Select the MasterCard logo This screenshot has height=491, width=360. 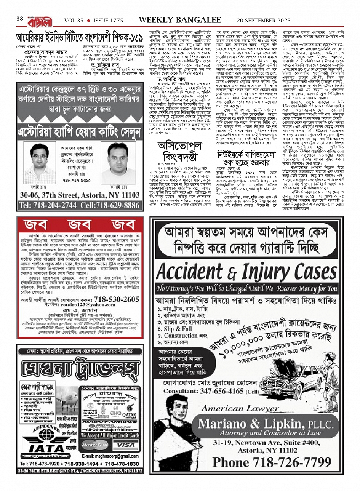pyautogui.click(x=94, y=444)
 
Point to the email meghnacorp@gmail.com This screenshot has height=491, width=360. pyautogui.click(x=110, y=456)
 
